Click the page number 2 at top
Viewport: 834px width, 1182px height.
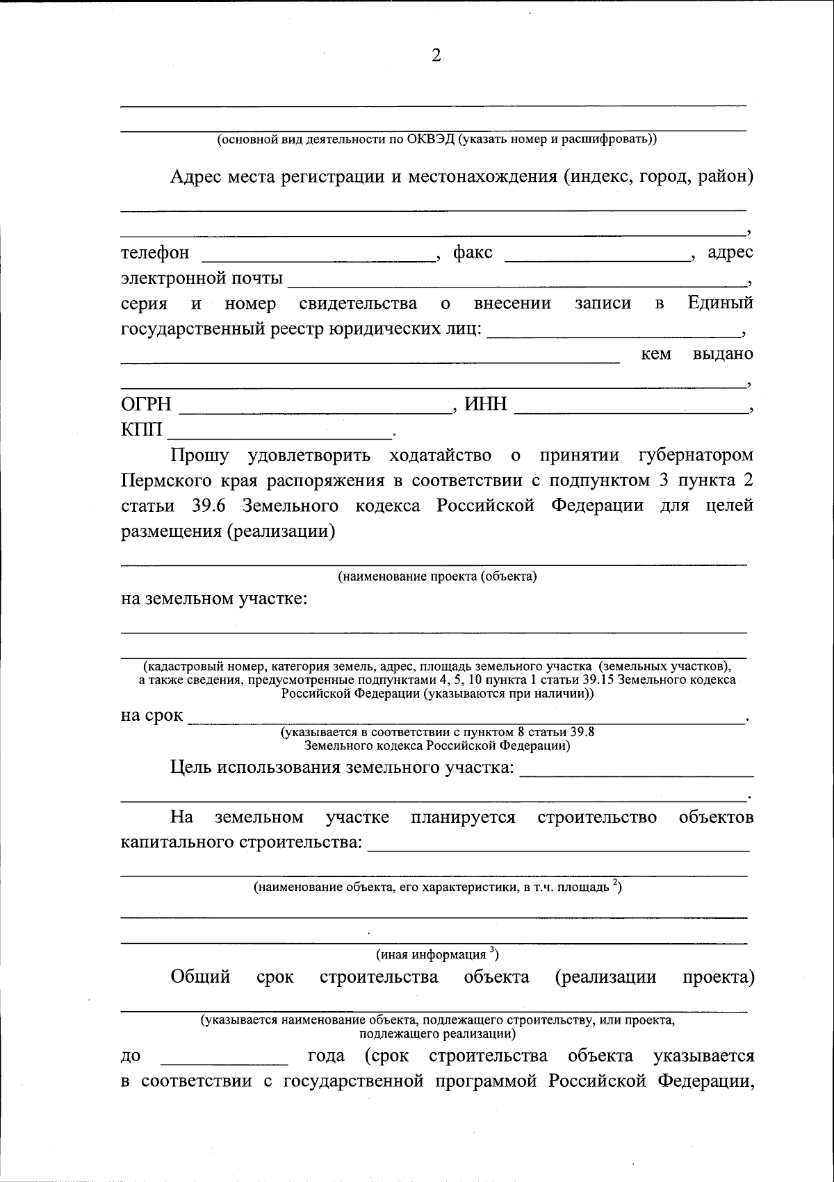coord(436,56)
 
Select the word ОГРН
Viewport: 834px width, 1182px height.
coord(146,404)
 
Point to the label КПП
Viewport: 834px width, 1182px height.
coord(141,431)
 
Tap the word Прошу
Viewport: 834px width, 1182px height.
coord(200,456)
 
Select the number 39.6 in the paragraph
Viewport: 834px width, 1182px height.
coord(208,506)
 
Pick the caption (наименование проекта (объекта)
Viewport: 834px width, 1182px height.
coord(437,576)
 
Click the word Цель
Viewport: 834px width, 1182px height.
coord(191,767)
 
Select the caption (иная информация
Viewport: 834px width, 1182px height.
coord(437,955)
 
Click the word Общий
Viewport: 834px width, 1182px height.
coord(200,978)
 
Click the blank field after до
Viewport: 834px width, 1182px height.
coord(224,1060)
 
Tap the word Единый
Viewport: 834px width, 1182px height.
coord(720,303)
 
